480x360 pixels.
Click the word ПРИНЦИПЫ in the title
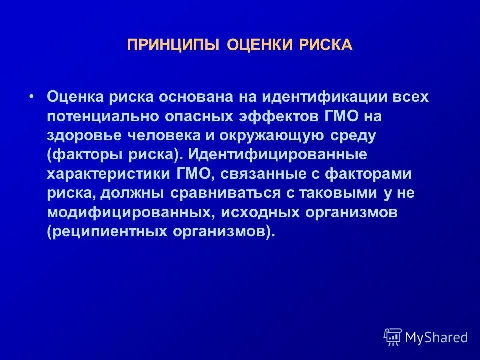(173, 46)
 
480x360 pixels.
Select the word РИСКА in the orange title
(326, 46)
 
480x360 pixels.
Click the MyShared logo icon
(393, 337)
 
